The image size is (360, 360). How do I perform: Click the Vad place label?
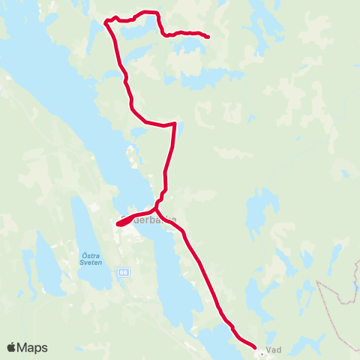274,349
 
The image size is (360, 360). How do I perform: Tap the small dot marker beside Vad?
262,347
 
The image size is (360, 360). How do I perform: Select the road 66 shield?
122,273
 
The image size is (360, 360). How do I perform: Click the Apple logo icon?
12,347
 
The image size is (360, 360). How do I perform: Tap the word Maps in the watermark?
33,347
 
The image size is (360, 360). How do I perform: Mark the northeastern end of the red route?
207,36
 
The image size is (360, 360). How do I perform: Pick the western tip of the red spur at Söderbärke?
119,223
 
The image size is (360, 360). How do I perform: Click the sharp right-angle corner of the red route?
175,124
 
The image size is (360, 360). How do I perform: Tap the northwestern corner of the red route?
104,22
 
